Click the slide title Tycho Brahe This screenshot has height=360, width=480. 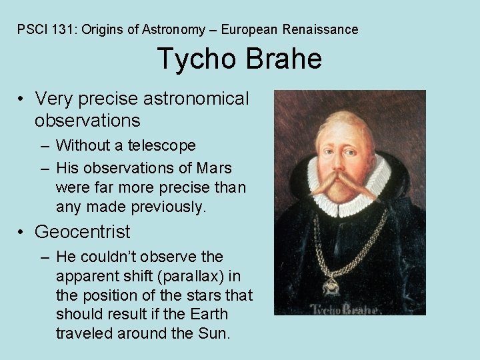click(239, 59)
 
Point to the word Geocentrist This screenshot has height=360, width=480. click(83, 232)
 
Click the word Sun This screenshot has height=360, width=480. click(216, 333)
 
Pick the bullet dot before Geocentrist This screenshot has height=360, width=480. click(23, 233)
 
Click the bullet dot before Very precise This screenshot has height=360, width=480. click(23, 100)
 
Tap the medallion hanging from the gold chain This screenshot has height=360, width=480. click(331, 284)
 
